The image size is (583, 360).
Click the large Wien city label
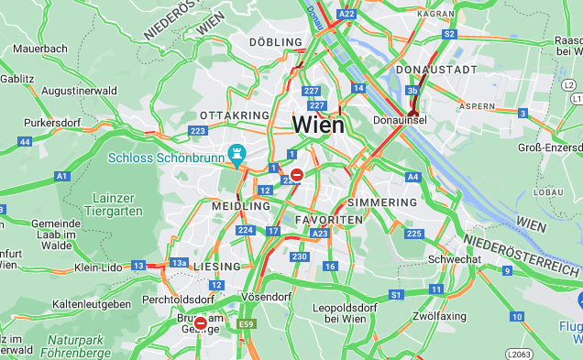[318, 125]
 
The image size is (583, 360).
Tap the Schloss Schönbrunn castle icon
[237, 155]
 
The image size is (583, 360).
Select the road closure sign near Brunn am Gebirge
[200, 322]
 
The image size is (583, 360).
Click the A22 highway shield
[346, 14]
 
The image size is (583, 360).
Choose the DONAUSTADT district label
[436, 70]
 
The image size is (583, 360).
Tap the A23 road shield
[319, 235]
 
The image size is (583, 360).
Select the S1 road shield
[397, 295]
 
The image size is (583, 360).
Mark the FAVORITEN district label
[329, 221]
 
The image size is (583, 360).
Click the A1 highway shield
[61, 175]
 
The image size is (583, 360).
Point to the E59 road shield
[247, 324]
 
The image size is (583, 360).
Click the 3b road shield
[412, 91]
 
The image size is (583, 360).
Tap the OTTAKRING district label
[235, 115]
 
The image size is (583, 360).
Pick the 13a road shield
[179, 263]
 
